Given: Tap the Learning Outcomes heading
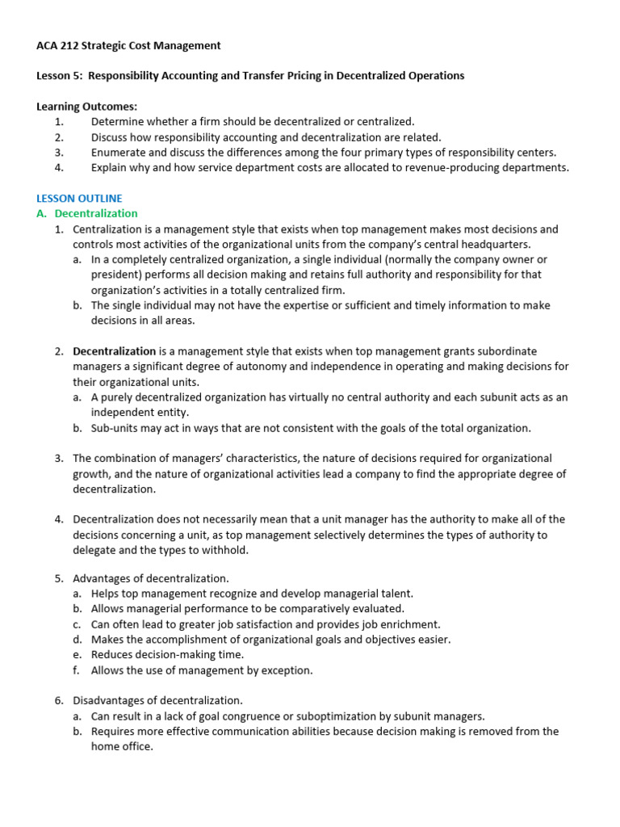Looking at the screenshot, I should (x=87, y=107).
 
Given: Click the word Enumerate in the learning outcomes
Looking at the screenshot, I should (x=119, y=153).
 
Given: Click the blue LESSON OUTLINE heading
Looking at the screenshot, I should (x=79, y=198).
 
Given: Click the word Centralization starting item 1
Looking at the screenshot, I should (x=107, y=229).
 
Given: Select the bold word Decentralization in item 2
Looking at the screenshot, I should (x=114, y=351).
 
